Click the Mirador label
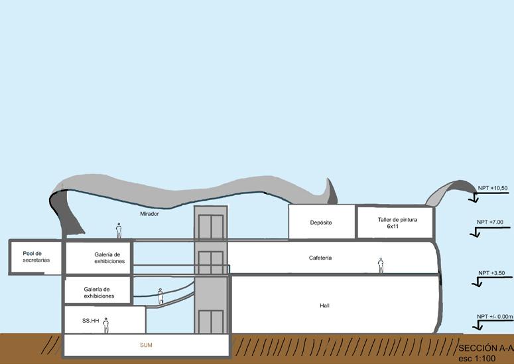[149, 214]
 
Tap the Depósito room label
[320, 223]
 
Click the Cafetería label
[320, 258]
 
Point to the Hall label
[324, 306]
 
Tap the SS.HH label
[91, 321]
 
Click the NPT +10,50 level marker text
[492, 189]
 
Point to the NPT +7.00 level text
[490, 222]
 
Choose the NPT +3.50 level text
[491, 273]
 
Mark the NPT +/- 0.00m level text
[495, 317]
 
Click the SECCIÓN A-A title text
[486, 348]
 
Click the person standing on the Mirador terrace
[119, 230]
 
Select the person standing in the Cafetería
[381, 265]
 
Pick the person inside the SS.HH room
[105, 325]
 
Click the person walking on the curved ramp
[161, 296]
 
